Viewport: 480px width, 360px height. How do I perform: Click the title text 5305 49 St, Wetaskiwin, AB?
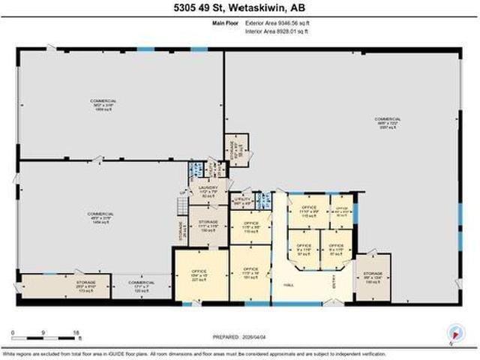coord(240,10)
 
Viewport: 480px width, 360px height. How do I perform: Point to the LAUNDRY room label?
coord(208,191)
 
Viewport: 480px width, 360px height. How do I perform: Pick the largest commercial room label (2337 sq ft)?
coord(388,123)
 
